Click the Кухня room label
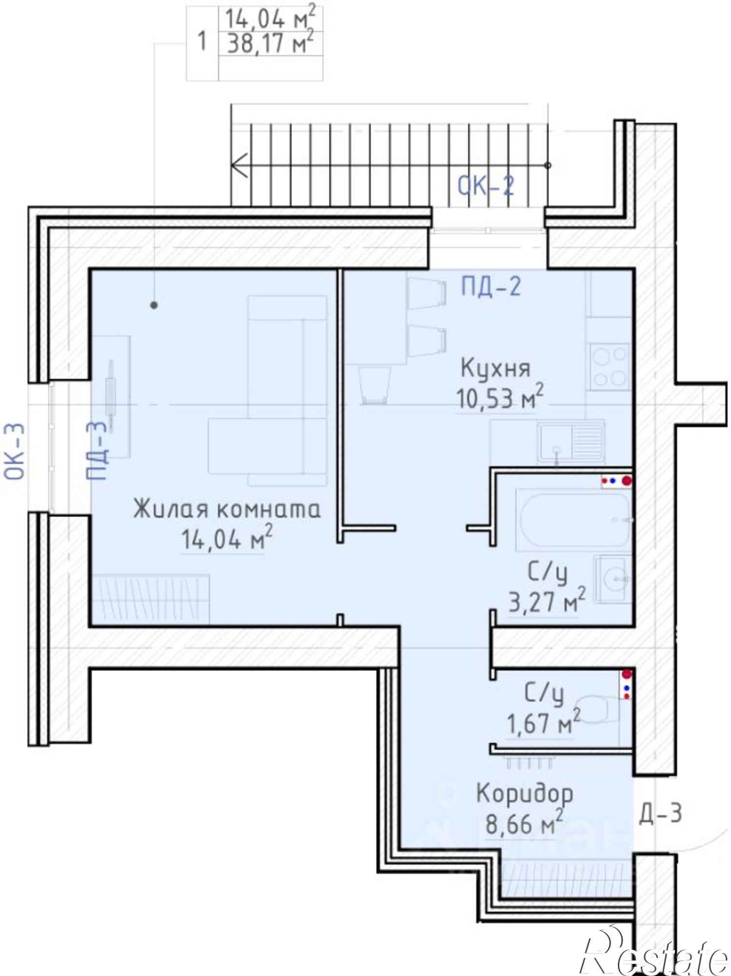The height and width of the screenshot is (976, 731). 495,368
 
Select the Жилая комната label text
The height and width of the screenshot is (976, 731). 227,509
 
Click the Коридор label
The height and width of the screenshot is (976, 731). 524,794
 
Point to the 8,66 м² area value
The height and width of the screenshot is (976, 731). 524,825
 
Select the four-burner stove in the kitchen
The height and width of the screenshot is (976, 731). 609,366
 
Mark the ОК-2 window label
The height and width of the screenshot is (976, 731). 486,186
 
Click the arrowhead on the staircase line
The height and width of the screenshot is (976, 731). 237,165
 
